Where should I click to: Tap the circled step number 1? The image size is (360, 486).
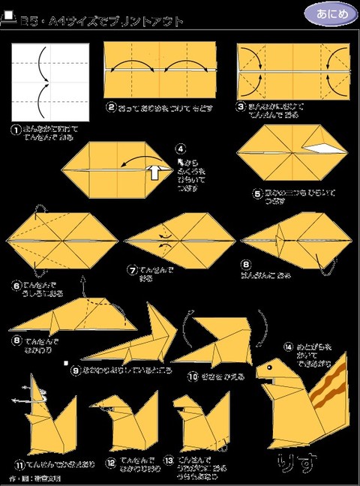pos(16,129)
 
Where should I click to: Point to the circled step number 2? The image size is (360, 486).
pos(110,106)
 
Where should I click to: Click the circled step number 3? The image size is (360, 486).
pos(241,106)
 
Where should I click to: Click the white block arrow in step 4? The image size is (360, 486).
pos(154,172)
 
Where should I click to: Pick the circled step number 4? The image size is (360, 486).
pos(180,148)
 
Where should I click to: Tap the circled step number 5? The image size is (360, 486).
pos(256,193)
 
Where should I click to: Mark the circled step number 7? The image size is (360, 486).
pos(132,268)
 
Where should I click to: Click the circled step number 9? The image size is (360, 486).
pos(76,369)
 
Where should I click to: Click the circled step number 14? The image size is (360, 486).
pos(287,346)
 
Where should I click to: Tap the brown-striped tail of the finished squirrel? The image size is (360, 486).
pos(330,390)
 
